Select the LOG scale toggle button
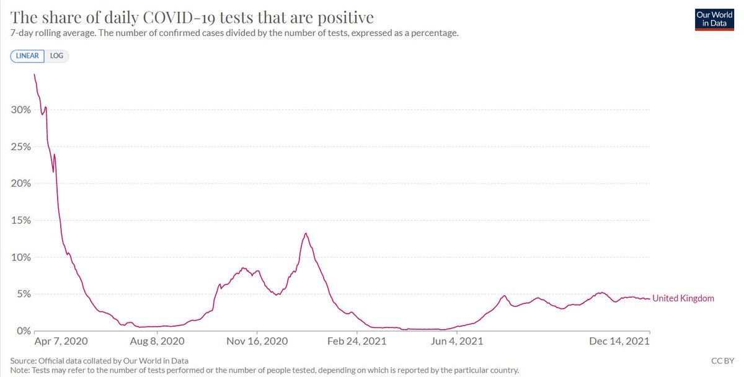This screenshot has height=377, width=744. (56, 56)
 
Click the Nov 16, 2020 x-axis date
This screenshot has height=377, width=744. (257, 342)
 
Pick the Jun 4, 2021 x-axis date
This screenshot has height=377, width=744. (457, 342)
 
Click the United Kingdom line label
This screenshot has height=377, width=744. (683, 298)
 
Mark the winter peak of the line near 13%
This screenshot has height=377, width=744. (306, 234)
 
